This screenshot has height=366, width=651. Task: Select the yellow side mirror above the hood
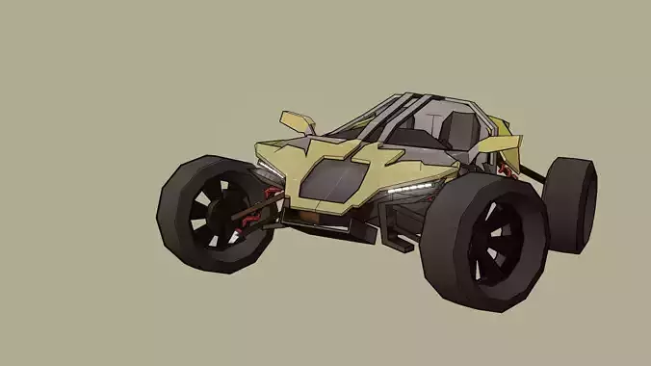[x=298, y=121]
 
